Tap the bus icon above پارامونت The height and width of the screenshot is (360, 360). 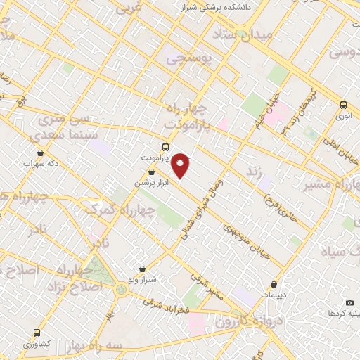point(165,147)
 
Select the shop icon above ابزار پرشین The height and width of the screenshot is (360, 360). point(151,171)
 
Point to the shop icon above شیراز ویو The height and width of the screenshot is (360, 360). point(143,269)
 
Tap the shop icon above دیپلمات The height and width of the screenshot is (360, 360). point(274,285)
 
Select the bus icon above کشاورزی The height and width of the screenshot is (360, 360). point(37,332)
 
